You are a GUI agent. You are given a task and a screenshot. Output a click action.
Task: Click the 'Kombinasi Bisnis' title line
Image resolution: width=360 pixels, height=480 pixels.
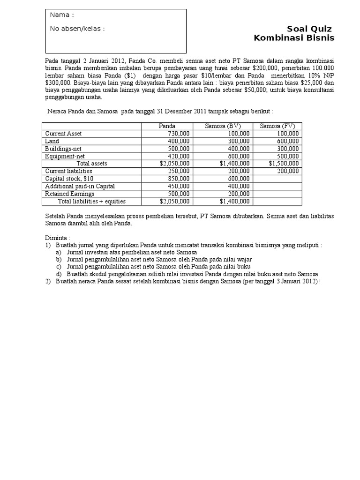tap(294, 38)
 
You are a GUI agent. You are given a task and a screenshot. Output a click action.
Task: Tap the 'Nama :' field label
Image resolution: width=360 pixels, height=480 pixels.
tap(62, 15)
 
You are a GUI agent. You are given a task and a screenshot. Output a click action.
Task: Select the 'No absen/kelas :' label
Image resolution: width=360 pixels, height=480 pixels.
tap(77, 29)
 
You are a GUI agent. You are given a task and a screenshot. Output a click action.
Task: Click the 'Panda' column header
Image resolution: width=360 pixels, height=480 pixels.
tap(167, 126)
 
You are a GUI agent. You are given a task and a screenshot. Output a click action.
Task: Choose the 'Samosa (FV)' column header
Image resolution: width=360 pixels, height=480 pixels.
tap(277, 126)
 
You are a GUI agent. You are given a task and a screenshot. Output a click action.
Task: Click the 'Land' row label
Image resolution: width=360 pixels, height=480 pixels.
tap(52, 141)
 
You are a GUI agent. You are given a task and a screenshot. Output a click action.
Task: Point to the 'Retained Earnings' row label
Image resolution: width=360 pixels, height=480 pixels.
tap(69, 194)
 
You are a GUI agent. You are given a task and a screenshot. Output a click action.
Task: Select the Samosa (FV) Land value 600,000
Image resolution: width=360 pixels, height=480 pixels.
tap(287, 141)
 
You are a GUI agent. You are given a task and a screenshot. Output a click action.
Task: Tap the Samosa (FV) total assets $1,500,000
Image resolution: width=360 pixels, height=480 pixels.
tap(284, 164)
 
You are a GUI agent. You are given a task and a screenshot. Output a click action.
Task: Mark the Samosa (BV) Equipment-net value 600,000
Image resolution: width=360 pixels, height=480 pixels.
tap(239, 156)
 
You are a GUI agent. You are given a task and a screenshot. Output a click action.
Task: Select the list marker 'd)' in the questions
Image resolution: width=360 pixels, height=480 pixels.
tap(59, 274)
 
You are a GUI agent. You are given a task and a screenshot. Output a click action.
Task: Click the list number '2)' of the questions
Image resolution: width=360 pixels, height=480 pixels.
tap(48, 281)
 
